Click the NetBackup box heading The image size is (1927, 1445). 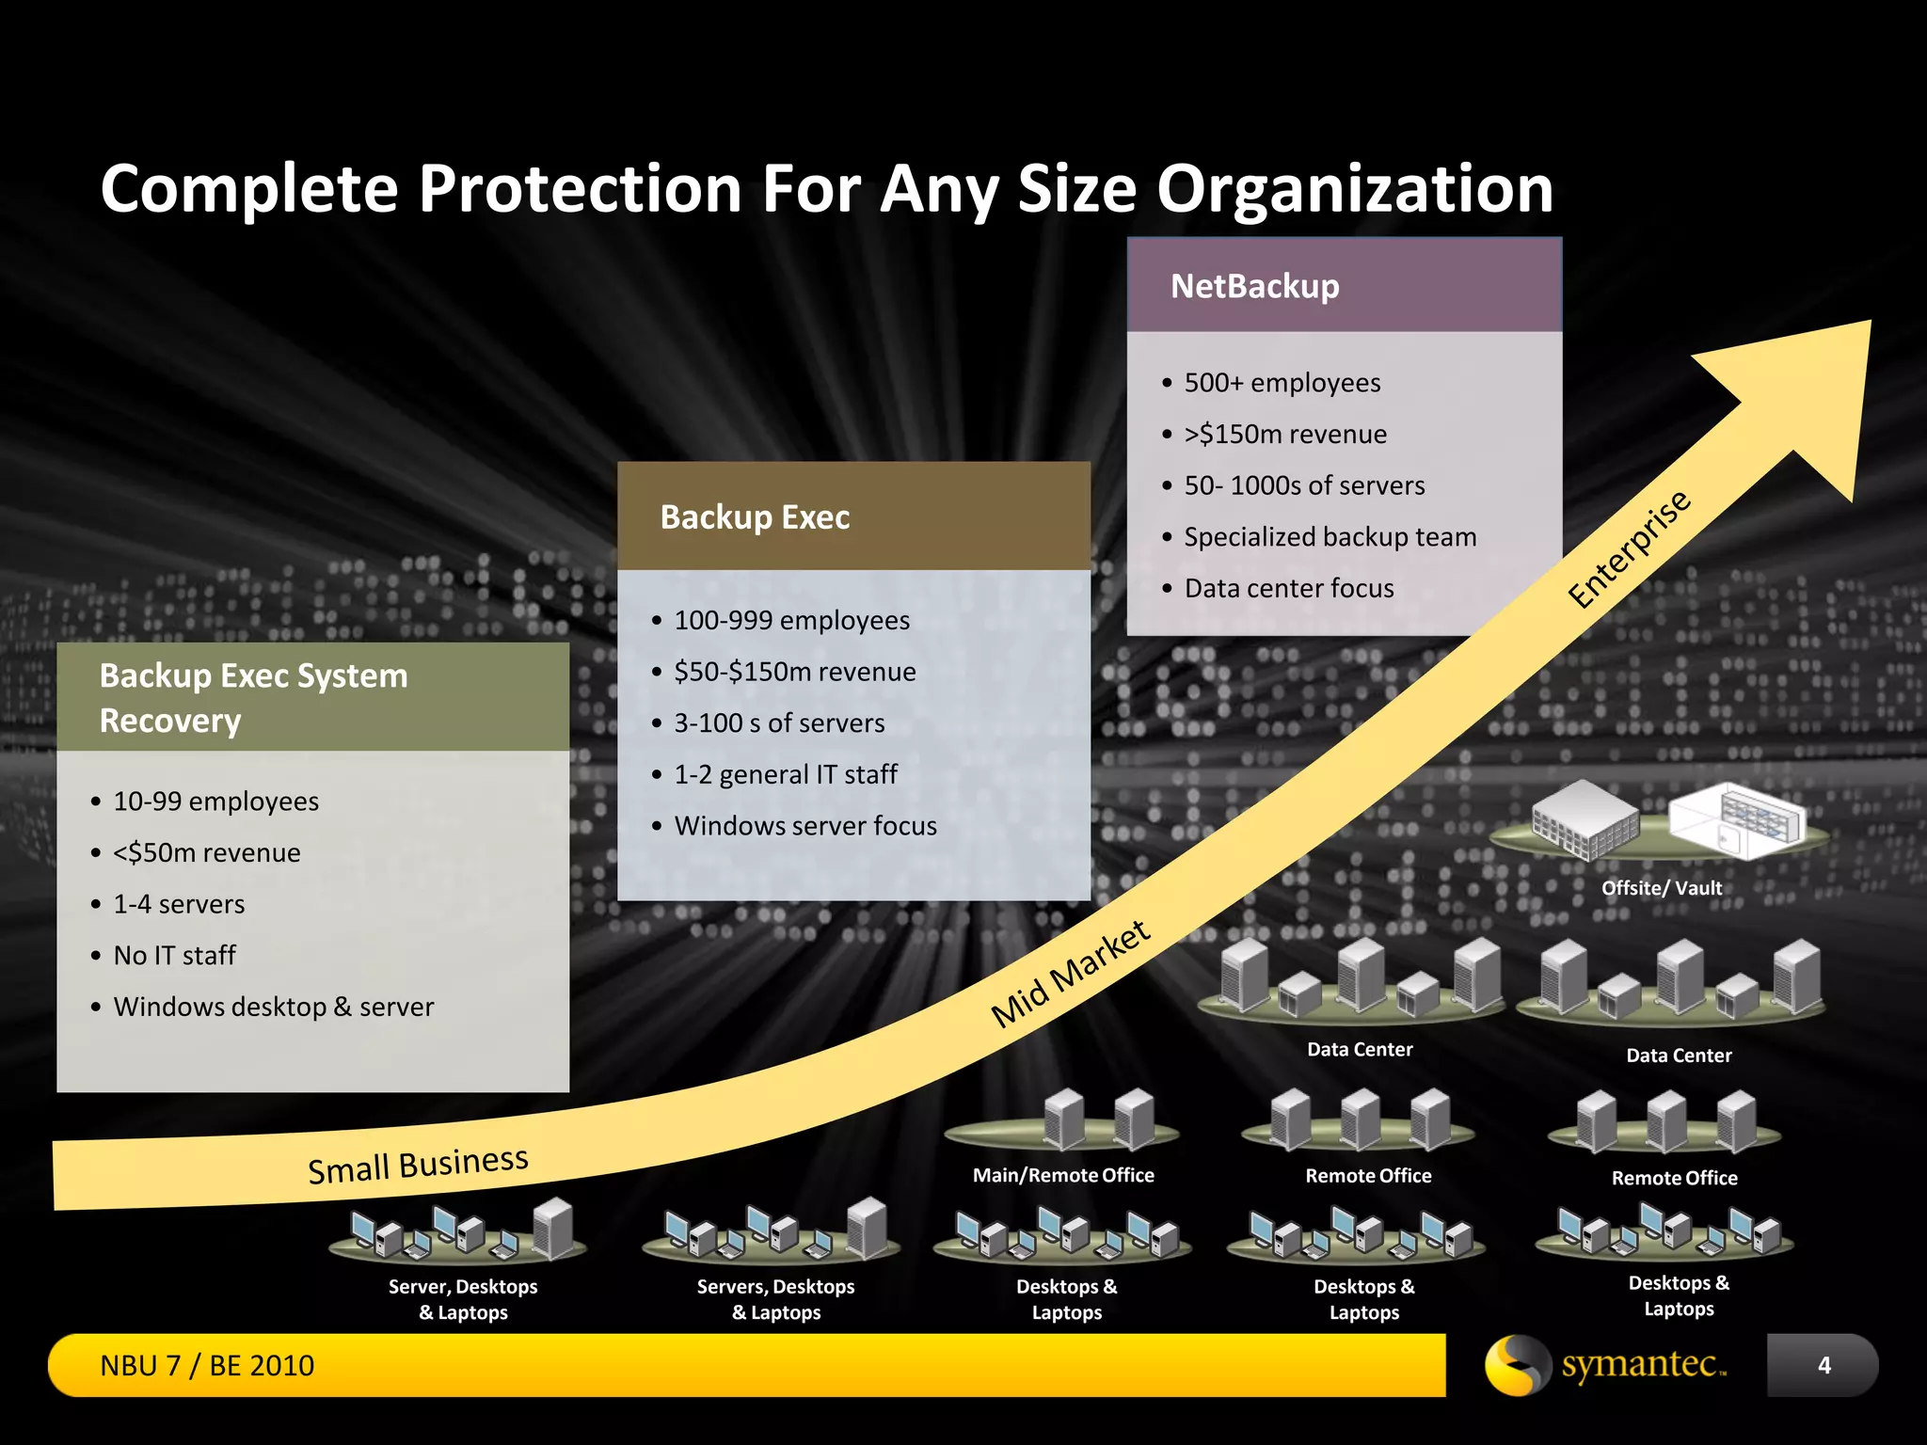click(x=1254, y=286)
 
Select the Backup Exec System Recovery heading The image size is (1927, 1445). click(x=253, y=697)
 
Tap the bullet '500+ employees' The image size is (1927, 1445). click(x=1282, y=383)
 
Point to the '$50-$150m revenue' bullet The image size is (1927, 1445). click(x=794, y=672)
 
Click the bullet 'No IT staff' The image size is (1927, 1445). click(x=174, y=956)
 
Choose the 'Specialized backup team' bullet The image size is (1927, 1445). click(x=1330, y=537)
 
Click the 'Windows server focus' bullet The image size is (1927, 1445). click(x=804, y=826)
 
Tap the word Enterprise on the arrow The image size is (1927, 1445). click(x=1629, y=550)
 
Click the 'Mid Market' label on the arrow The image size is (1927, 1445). click(x=1070, y=975)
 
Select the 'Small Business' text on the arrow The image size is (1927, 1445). click(x=418, y=1165)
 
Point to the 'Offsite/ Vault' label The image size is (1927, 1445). click(x=1661, y=888)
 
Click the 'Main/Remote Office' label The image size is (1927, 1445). click(x=1063, y=1175)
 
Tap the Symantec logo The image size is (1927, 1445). click(x=1606, y=1365)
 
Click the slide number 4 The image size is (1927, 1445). click(x=1823, y=1365)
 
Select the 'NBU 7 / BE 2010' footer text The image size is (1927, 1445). click(x=207, y=1365)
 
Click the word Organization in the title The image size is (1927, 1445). click(x=1354, y=189)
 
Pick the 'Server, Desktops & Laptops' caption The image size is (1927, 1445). click(x=463, y=1299)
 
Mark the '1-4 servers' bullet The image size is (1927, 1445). click(x=179, y=904)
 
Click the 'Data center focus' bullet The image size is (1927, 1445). click(x=1288, y=589)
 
